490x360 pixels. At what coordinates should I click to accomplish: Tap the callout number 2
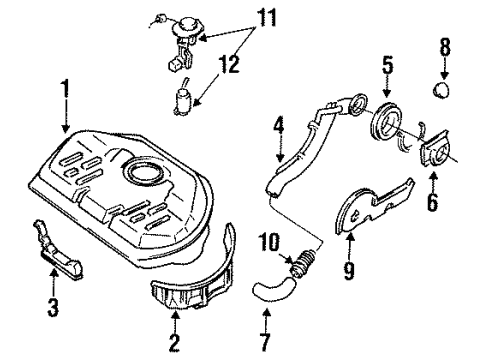(x=174, y=342)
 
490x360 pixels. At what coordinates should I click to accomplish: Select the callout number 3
(x=53, y=307)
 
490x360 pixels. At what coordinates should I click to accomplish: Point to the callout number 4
(x=279, y=126)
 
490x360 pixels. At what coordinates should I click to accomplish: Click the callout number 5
(x=387, y=65)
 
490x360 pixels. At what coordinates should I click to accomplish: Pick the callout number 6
(x=433, y=201)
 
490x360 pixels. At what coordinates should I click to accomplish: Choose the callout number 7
(x=265, y=342)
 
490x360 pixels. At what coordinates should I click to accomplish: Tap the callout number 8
(x=445, y=47)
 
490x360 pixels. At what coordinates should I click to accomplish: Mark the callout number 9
(x=349, y=270)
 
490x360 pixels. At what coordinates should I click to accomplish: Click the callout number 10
(x=269, y=242)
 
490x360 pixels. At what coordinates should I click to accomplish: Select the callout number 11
(x=267, y=18)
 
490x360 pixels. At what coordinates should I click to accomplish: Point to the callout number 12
(x=229, y=64)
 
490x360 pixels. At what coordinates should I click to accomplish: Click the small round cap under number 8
(x=441, y=90)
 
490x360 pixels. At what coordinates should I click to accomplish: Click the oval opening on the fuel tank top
(x=143, y=172)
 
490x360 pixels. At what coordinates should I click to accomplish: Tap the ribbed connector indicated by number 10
(x=302, y=262)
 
